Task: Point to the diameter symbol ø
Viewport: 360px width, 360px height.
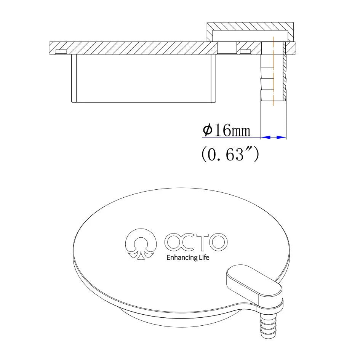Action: point(208,131)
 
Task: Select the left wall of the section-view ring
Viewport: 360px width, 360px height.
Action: point(74,78)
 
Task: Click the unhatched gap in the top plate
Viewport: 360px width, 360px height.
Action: point(227,48)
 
